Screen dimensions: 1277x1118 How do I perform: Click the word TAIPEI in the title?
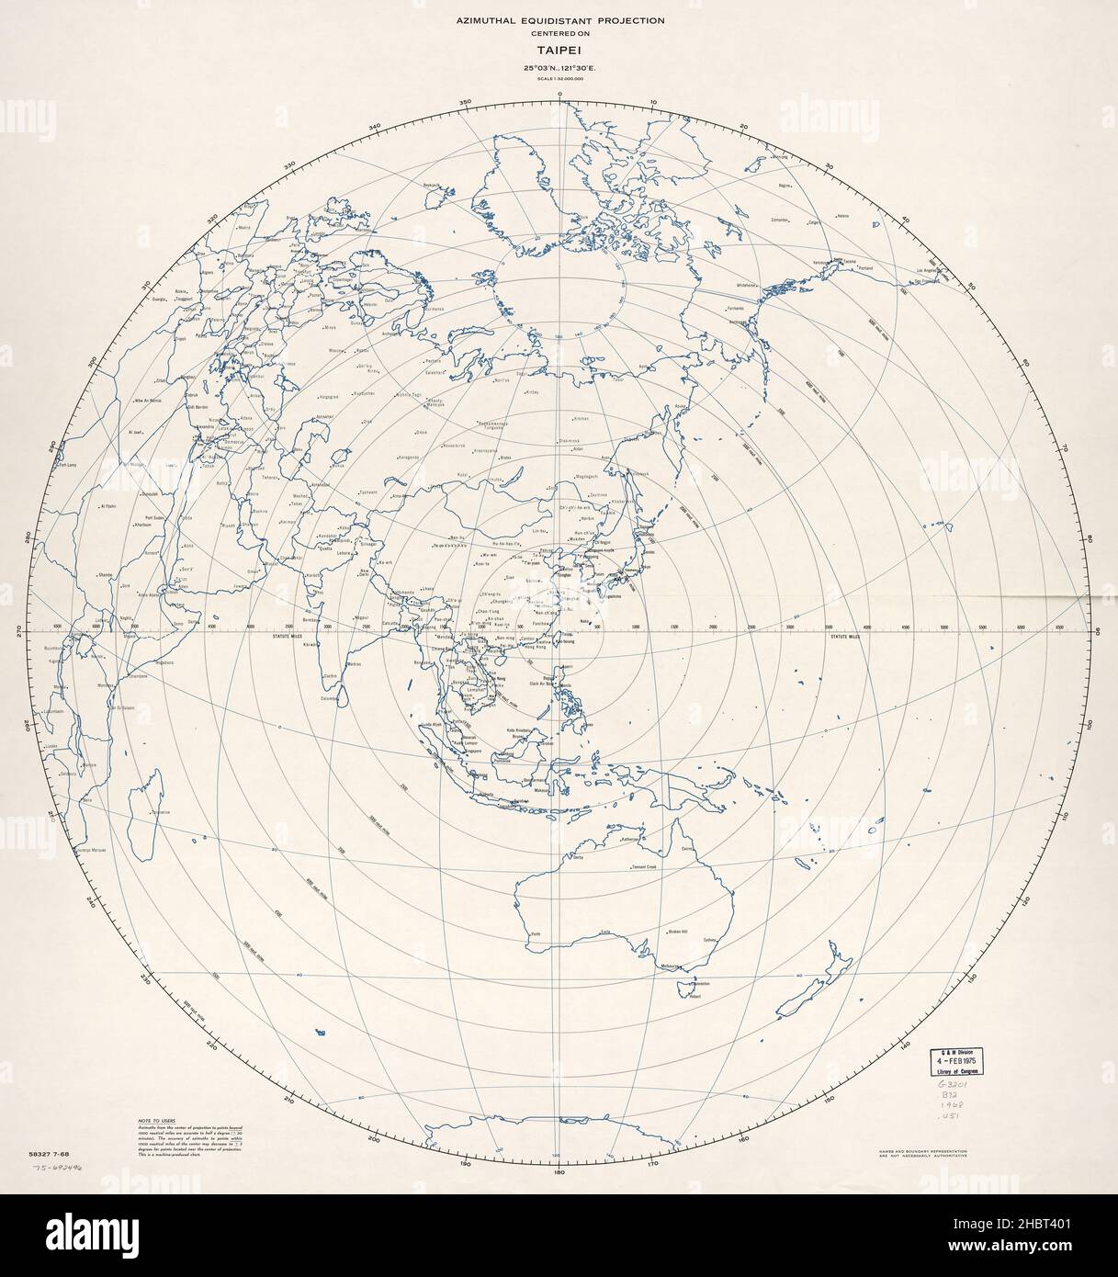pyautogui.click(x=559, y=52)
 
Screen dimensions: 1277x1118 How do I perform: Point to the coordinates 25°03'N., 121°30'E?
pyautogui.click(x=559, y=69)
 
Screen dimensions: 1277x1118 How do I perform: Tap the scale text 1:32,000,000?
pyautogui.click(x=559, y=81)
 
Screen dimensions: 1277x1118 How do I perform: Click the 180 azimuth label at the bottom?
pyautogui.click(x=559, y=1172)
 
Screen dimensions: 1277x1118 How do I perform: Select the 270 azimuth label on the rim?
pyautogui.click(x=16, y=631)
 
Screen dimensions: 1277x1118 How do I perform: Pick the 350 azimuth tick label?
pyautogui.click(x=466, y=101)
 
